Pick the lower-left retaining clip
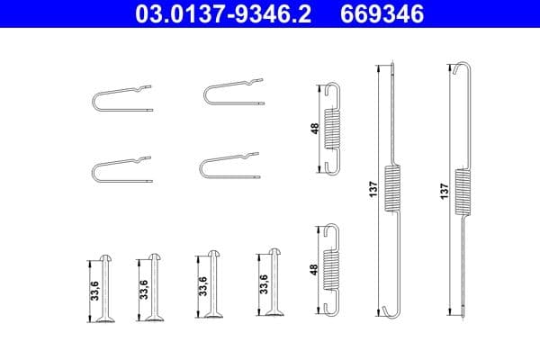tap(121, 168)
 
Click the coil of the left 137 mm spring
tap(391, 188)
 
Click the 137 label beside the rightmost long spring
tap(444, 191)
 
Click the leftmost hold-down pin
tap(107, 285)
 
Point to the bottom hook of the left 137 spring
tap(389, 311)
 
